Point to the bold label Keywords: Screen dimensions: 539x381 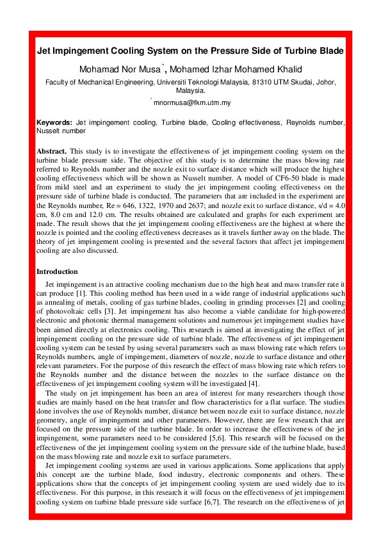(54, 122)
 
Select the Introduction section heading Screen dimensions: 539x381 (57, 271)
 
